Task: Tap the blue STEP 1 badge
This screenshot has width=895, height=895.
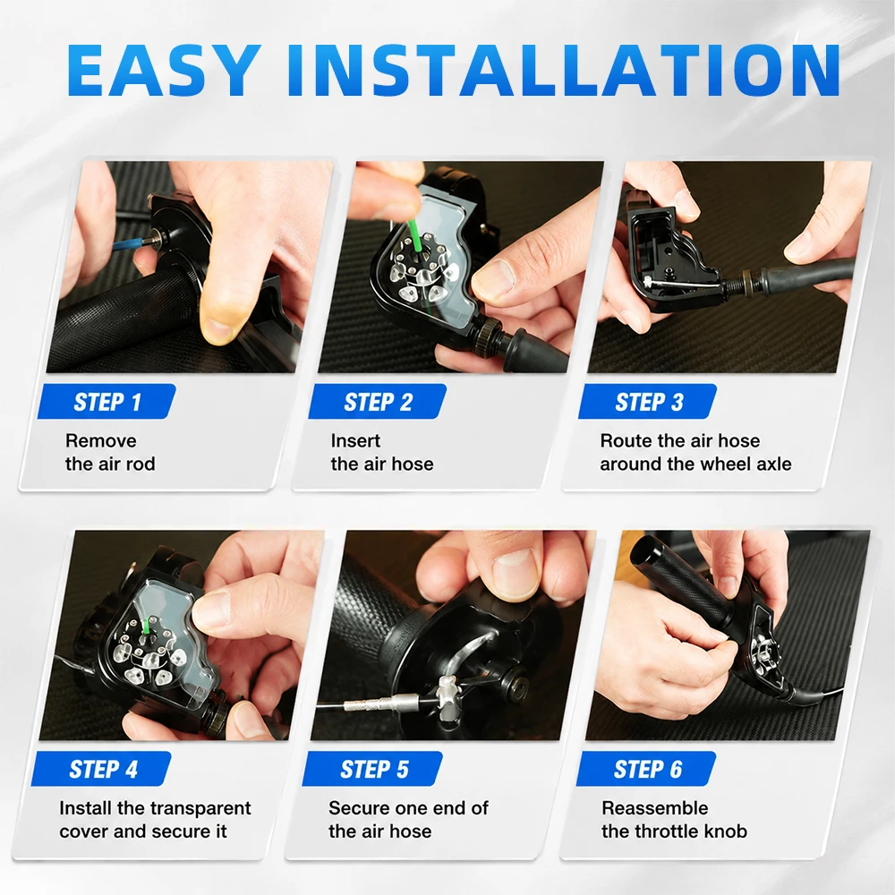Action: coord(107,401)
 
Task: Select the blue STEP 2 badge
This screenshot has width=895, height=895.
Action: coord(378,401)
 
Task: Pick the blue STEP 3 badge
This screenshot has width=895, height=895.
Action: coord(648,401)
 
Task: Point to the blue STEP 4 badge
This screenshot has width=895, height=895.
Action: coord(102,769)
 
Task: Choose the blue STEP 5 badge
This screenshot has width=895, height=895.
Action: coord(372,769)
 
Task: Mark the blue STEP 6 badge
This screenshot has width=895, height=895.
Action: coord(646,769)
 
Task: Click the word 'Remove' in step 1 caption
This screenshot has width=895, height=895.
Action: coord(101,440)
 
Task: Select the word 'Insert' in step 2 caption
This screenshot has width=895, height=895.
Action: coord(355,440)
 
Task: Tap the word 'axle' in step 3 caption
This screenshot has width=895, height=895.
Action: coord(773,464)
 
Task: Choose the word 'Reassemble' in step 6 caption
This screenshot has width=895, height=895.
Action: coord(655,808)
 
